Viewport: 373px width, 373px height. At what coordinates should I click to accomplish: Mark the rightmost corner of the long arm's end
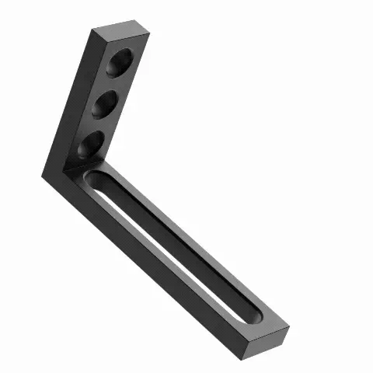(x=289, y=329)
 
